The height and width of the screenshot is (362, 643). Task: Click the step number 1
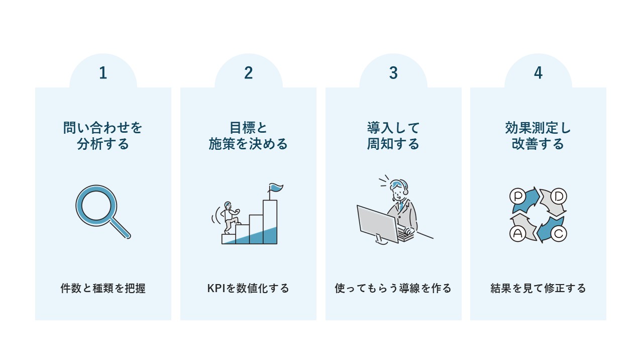pyautogui.click(x=103, y=73)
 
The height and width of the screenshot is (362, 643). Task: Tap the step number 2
pyautogui.click(x=248, y=73)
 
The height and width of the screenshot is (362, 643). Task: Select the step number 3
pyautogui.click(x=393, y=73)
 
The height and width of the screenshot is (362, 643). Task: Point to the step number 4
pyautogui.click(x=538, y=73)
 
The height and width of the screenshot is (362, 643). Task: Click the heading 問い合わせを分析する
pyautogui.click(x=103, y=136)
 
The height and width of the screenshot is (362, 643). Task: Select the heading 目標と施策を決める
pyautogui.click(x=248, y=136)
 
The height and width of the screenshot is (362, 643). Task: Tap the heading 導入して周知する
pyautogui.click(x=393, y=136)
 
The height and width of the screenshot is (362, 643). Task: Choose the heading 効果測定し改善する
pyautogui.click(x=538, y=136)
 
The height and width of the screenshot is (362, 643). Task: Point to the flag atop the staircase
pyautogui.click(x=275, y=188)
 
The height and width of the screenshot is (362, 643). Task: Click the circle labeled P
pyautogui.click(x=517, y=195)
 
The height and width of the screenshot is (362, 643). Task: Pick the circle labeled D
pyautogui.click(x=559, y=195)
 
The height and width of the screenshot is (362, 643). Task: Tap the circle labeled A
pyautogui.click(x=517, y=233)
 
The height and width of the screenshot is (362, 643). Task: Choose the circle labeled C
pyautogui.click(x=559, y=233)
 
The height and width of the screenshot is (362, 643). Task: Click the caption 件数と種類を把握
pyautogui.click(x=103, y=289)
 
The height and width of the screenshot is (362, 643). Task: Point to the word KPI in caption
pyautogui.click(x=217, y=289)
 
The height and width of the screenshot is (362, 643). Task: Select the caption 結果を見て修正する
pyautogui.click(x=538, y=289)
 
